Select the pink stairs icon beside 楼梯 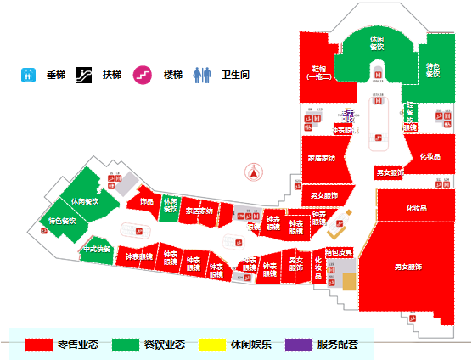143,75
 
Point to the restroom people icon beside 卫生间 201,75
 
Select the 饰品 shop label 146,201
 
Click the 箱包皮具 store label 340,252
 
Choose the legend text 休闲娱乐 250,345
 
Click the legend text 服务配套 338,345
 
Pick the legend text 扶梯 112,75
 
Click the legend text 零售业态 78,345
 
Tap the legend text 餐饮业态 165,345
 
